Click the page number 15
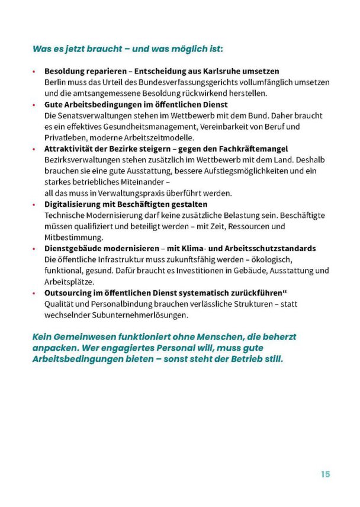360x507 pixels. click(x=325, y=474)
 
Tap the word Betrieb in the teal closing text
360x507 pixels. click(x=235, y=359)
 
